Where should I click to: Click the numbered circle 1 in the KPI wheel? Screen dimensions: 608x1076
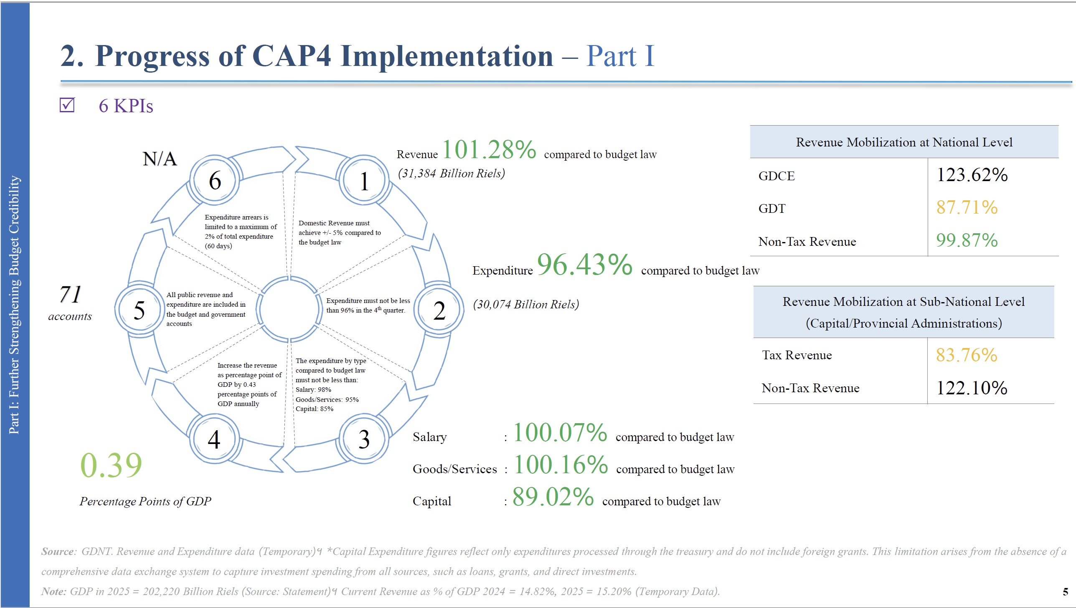click(x=363, y=181)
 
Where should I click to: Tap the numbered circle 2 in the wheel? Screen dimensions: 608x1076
click(x=439, y=310)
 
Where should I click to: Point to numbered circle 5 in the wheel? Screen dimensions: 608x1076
click(x=139, y=310)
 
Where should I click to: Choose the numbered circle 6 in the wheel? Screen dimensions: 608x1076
click(x=214, y=180)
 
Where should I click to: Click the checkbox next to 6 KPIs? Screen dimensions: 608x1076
click(x=67, y=105)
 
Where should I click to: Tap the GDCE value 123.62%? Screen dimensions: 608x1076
click(x=972, y=175)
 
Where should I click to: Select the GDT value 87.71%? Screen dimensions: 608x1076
click(x=967, y=207)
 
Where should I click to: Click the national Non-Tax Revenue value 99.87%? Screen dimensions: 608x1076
click(x=967, y=240)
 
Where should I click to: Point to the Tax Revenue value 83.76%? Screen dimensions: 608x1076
click(x=966, y=356)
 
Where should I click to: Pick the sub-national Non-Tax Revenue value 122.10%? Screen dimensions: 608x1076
click(x=972, y=389)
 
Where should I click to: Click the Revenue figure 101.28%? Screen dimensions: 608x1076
click(x=489, y=149)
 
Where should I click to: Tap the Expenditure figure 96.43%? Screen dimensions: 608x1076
click(x=585, y=265)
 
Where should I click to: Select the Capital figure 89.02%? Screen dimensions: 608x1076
click(x=553, y=497)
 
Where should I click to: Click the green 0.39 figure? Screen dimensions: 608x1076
click(x=111, y=465)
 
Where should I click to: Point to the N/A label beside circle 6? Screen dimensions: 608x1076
click(x=160, y=159)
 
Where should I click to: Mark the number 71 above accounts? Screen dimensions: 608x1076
click(x=70, y=294)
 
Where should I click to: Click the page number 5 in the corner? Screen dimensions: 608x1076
click(x=1065, y=592)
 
